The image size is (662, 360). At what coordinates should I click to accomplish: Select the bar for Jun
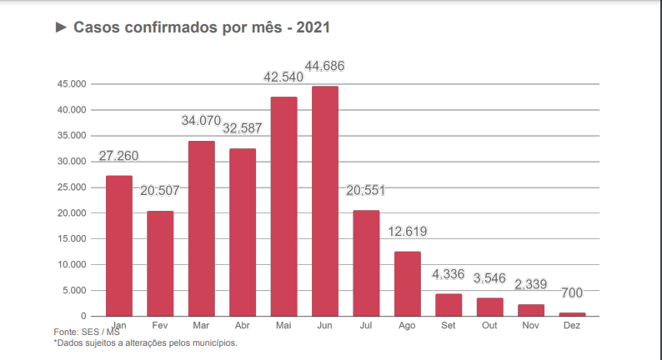[x=325, y=201]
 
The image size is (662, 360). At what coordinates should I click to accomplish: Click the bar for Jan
[x=119, y=246]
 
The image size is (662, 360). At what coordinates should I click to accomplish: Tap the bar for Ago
[x=408, y=283]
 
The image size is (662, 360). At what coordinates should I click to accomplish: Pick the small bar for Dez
[x=572, y=314]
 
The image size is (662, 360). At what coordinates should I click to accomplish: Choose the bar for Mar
[x=202, y=228]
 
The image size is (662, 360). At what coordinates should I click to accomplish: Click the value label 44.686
[x=325, y=66]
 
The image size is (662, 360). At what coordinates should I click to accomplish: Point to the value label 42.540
[x=283, y=77]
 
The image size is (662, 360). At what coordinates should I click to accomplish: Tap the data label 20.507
[x=160, y=191]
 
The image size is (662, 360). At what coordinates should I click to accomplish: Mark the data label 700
[x=572, y=293]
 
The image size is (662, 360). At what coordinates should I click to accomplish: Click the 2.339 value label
[x=531, y=284]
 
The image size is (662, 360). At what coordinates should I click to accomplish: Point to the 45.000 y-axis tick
[x=71, y=84]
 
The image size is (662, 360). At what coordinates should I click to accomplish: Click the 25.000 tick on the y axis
[x=71, y=187]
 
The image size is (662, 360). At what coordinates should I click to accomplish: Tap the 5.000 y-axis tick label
[x=73, y=291]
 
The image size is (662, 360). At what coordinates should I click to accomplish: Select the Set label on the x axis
[x=449, y=325]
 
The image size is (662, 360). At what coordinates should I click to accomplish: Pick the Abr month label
[x=243, y=325]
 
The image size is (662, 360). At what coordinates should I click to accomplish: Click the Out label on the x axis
[x=489, y=325]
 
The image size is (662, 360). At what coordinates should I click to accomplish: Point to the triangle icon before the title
[x=61, y=27]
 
